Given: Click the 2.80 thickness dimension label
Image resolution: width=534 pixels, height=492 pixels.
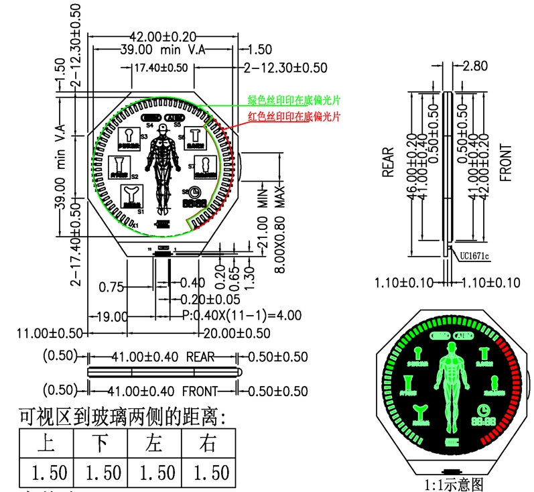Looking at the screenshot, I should [475, 66].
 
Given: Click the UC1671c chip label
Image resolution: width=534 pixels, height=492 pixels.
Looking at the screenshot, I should [474, 255].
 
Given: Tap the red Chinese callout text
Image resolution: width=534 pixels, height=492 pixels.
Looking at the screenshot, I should [293, 117].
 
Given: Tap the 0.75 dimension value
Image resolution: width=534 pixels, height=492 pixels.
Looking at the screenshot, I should [111, 288].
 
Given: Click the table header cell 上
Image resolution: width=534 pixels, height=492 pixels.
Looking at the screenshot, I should [46, 443].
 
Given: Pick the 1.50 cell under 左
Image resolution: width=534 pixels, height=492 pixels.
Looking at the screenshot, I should [155, 473].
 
